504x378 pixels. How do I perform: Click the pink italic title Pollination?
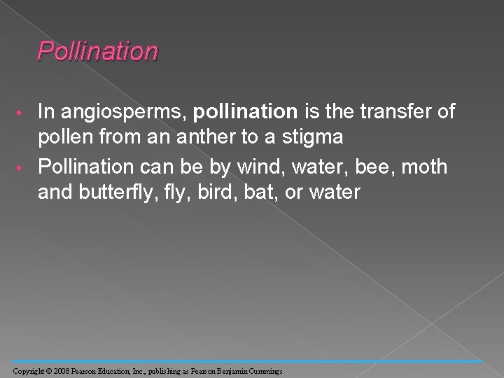point(98,51)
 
